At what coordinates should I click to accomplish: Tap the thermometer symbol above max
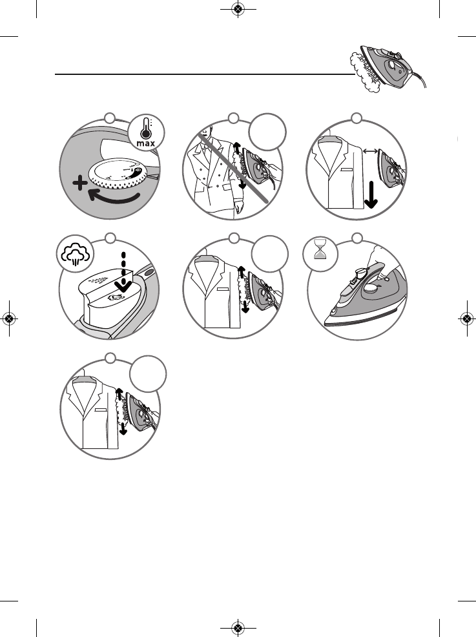tap(149, 126)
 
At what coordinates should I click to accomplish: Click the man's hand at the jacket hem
tap(237, 209)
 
